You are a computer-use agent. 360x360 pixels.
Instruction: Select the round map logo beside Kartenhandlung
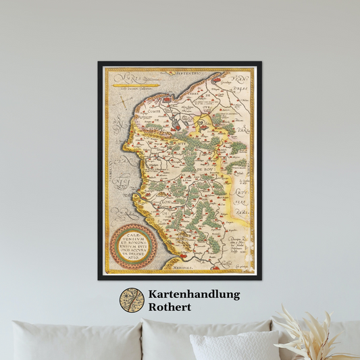coord(132,300)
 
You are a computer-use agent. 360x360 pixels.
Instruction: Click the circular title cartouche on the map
coord(132,247)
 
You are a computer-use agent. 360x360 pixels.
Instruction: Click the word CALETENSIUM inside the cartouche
coord(132,238)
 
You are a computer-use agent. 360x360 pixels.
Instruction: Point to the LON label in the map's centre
coord(164,200)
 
